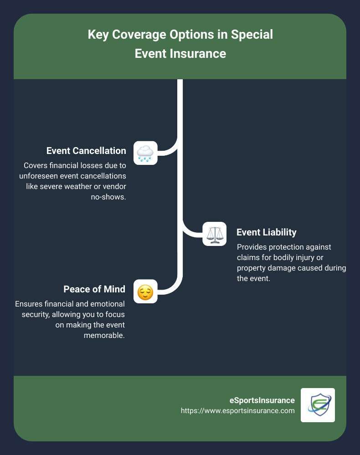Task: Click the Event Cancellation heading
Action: click(86, 151)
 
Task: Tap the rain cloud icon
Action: click(145, 153)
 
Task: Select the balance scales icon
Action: click(214, 234)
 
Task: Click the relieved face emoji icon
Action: click(145, 291)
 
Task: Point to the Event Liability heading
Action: click(267, 232)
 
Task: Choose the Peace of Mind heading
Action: click(94, 289)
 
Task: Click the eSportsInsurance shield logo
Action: click(318, 405)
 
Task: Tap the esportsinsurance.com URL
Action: click(237, 411)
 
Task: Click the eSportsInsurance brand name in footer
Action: click(262, 400)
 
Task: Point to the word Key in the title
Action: click(97, 35)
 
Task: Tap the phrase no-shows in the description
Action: click(108, 197)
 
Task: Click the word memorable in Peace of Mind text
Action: click(104, 336)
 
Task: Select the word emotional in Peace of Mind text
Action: click(101, 304)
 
